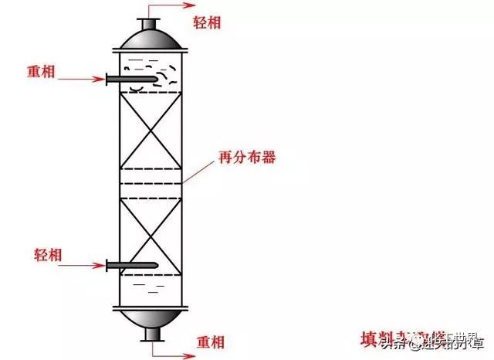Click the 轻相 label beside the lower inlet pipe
coord(49,255)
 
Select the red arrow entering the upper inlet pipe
coord(80,79)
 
